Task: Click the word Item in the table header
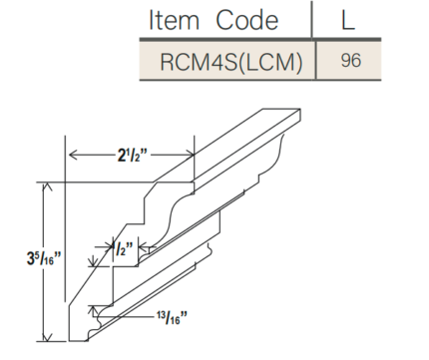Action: coord(175,20)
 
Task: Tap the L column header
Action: coord(349,20)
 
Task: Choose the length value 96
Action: coord(349,61)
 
